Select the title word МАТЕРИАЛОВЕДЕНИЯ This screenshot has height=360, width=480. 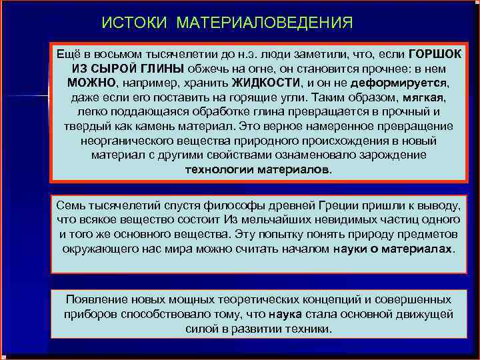click(265, 23)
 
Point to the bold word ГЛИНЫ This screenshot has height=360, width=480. click(162, 69)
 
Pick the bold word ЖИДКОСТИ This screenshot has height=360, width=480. click(266, 83)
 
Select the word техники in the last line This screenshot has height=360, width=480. click(306, 329)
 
